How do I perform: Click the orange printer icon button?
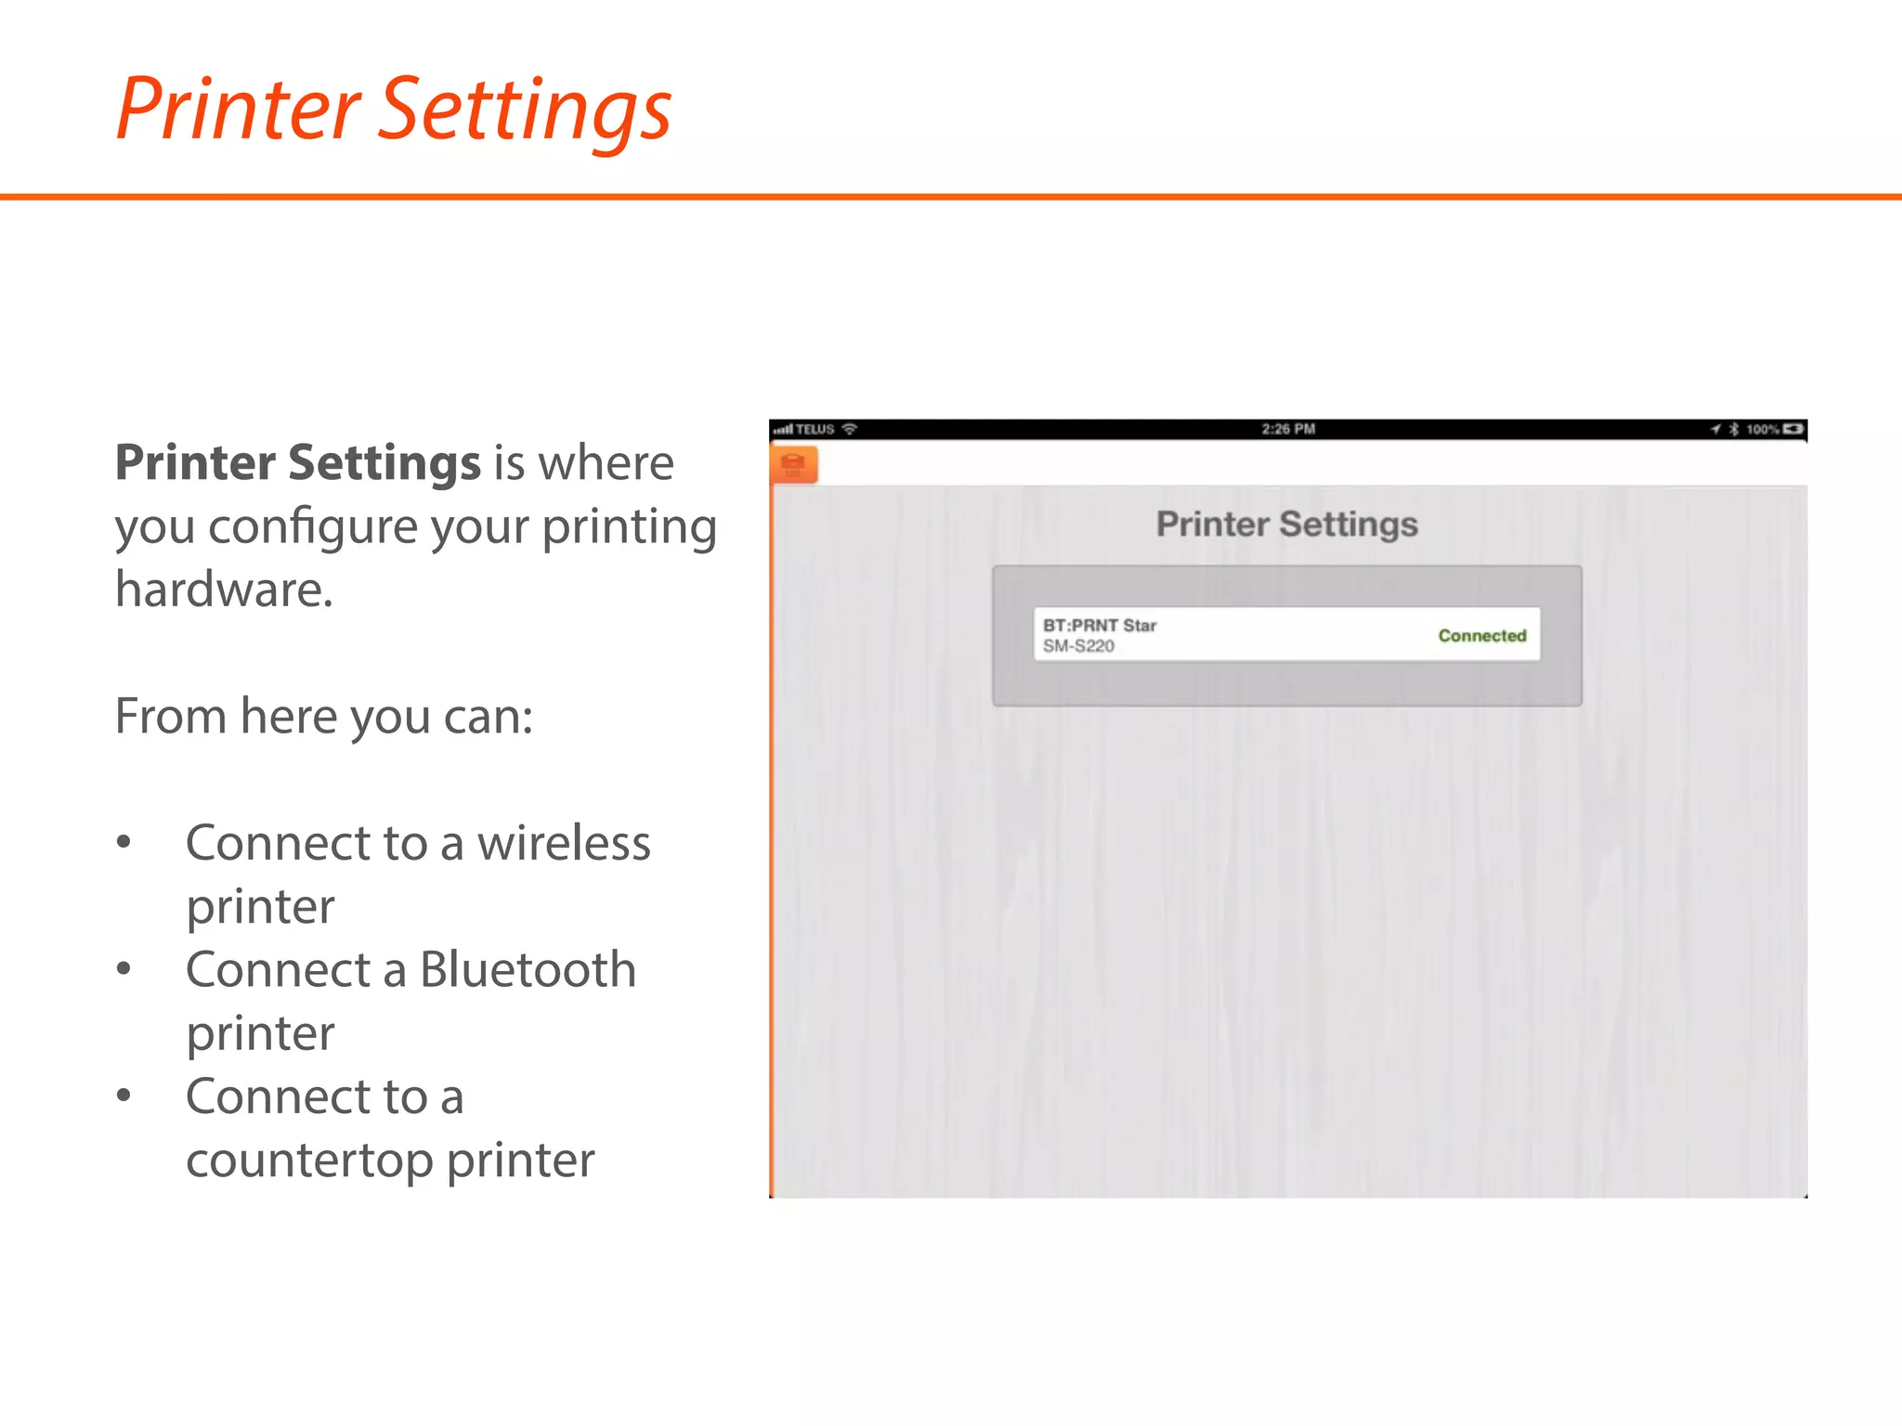click(793, 464)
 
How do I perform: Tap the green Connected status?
click(1481, 636)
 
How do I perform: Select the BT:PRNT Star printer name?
click(1099, 626)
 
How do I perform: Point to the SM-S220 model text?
click(1077, 646)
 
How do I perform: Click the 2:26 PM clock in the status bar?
click(1287, 429)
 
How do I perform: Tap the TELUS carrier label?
click(814, 429)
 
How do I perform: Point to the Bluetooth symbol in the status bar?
click(1733, 429)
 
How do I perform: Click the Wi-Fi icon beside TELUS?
click(849, 429)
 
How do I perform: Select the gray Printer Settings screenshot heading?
click(1286, 525)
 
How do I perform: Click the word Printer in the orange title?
click(238, 110)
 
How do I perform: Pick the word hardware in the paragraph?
click(223, 590)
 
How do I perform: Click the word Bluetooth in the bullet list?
click(528, 970)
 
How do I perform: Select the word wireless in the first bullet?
click(564, 843)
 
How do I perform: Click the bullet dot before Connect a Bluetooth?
click(124, 969)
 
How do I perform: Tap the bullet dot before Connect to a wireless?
click(124, 842)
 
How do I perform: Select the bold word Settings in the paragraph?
click(384, 462)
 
